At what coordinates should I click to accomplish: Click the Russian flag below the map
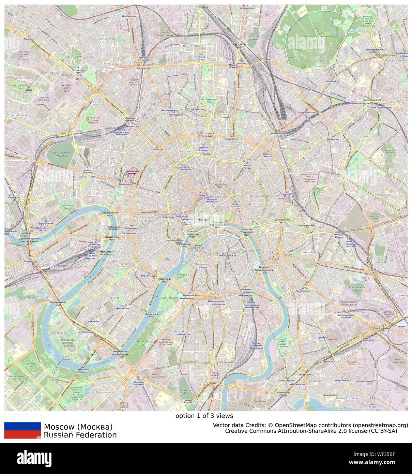[22, 426]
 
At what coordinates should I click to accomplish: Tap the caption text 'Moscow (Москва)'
[78, 427]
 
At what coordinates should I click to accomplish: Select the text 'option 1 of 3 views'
[204, 416]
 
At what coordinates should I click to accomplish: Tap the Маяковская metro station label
[157, 149]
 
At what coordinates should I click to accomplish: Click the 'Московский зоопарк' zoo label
[132, 172]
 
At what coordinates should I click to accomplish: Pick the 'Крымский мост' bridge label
[165, 280]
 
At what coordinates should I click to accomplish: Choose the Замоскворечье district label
[239, 274]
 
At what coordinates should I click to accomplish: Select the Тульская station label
[214, 375]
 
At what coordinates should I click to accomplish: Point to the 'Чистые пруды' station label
[247, 167]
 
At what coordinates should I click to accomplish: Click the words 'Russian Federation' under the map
[80, 435]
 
